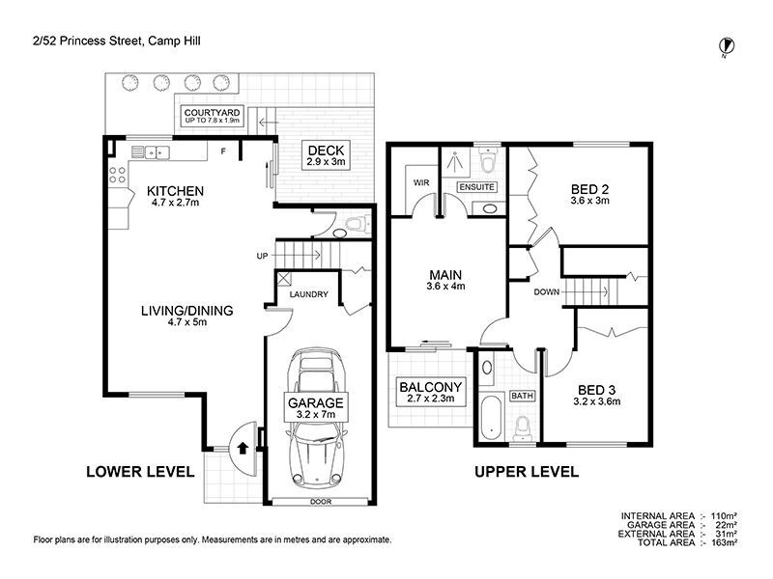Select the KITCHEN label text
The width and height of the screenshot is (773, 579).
click(175, 196)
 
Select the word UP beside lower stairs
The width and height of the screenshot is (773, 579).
click(262, 257)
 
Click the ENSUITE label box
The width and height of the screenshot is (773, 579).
click(477, 185)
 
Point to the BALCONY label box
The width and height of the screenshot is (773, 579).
click(431, 392)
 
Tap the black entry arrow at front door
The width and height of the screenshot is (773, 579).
click(243, 447)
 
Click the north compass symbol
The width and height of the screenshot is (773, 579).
click(725, 44)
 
